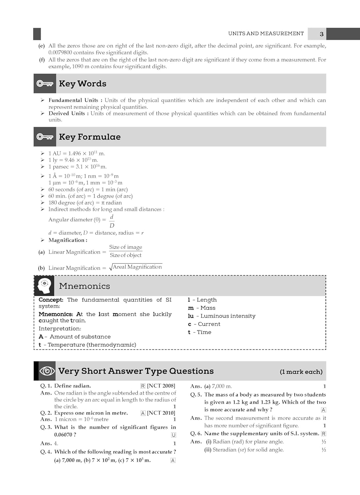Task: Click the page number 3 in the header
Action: click(321, 34)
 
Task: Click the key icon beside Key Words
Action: click(45, 83)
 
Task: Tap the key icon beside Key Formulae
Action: click(45, 137)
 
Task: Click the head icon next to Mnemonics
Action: click(45, 286)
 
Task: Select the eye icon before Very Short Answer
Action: click(47, 371)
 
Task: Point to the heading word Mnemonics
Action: click(84, 286)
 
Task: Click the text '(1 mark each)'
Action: click(301, 372)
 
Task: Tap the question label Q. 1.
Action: click(46, 386)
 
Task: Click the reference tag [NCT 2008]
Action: click(161, 386)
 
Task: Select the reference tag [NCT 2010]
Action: click(161, 413)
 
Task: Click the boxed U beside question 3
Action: click(174, 435)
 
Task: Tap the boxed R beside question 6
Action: click(324, 434)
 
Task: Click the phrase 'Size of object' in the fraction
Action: click(125, 255)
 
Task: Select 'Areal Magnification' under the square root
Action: click(137, 267)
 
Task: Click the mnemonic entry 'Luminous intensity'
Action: click(228, 316)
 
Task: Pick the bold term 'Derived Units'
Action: click(67, 113)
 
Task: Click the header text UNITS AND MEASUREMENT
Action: click(266, 34)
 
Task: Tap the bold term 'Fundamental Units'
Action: click(73, 100)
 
